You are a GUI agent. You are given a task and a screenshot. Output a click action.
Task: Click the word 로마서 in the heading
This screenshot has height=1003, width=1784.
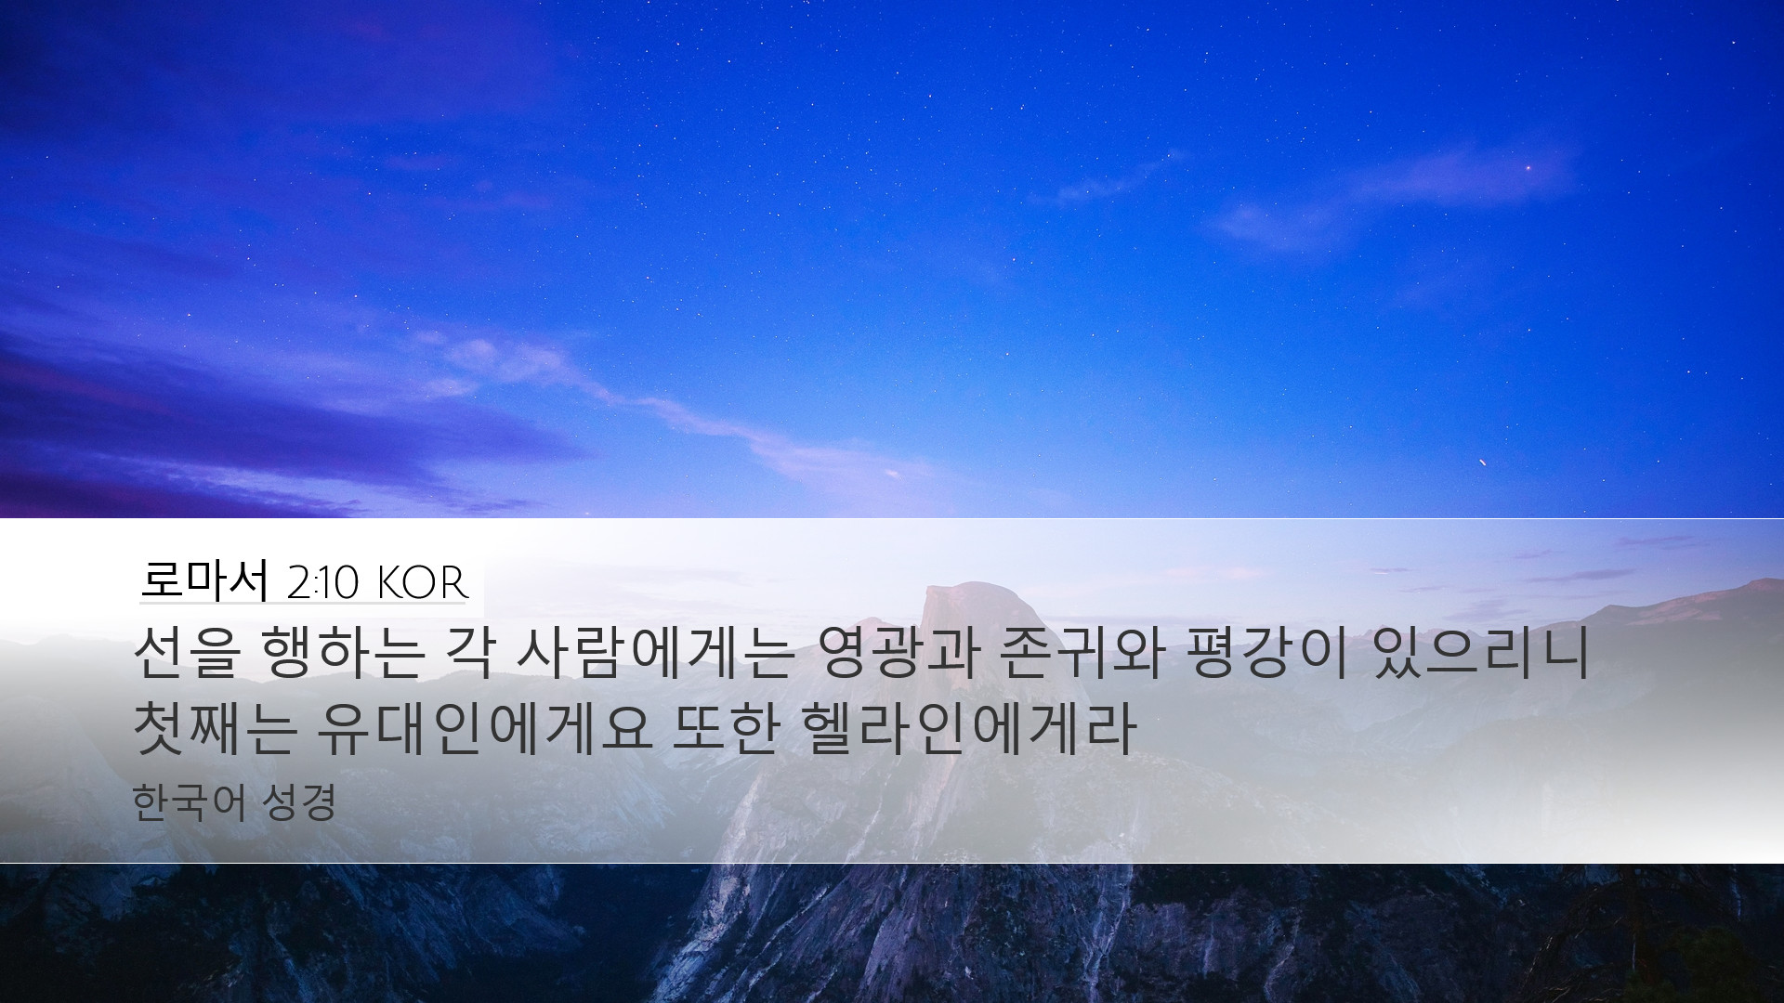(203, 580)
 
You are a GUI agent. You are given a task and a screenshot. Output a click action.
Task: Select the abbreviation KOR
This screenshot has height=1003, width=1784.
(423, 583)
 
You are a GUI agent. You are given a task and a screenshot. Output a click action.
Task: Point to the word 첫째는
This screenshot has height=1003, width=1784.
(216, 727)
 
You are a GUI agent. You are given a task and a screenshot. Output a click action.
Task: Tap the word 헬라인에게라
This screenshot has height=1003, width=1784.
(967, 727)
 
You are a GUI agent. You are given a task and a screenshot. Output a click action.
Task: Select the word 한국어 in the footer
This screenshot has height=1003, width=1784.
(189, 803)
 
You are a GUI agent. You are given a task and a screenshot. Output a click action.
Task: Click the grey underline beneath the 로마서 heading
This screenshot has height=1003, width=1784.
(302, 604)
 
